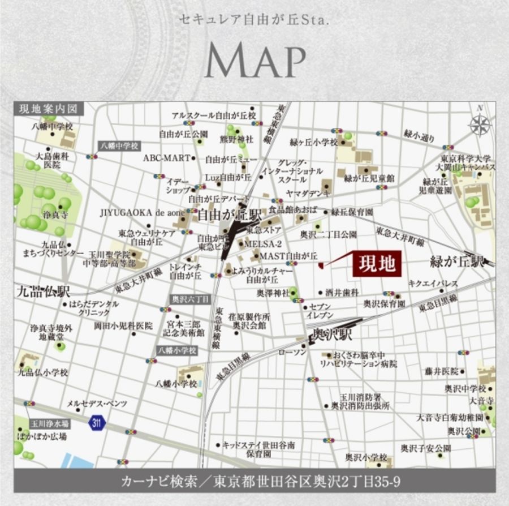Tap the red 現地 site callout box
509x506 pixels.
[377, 264]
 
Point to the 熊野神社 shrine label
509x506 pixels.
[236, 139]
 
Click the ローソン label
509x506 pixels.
[292, 352]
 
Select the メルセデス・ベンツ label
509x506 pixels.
[97, 404]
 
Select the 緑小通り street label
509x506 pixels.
[420, 135]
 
